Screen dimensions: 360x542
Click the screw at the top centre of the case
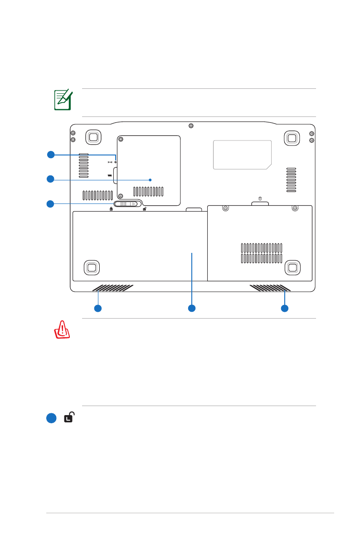(x=191, y=125)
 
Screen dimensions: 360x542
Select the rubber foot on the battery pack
(x=91, y=267)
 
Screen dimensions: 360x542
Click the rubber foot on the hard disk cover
(x=292, y=267)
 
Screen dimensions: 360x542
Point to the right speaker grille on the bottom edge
(x=270, y=288)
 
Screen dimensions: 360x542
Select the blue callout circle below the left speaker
(x=97, y=309)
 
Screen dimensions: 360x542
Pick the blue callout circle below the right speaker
(x=285, y=309)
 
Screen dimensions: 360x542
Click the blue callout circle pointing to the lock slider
(x=51, y=204)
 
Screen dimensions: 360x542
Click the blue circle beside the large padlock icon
(x=51, y=418)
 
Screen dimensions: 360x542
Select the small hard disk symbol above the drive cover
(x=260, y=198)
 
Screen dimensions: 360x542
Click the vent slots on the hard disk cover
(x=262, y=253)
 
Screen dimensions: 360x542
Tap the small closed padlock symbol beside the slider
(x=111, y=209)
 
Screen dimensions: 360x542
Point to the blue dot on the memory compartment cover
(x=150, y=179)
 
